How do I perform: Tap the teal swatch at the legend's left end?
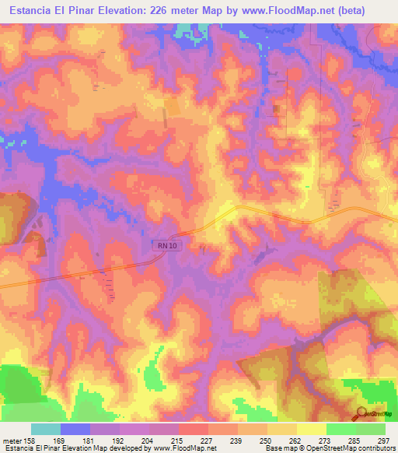[x=46, y=429]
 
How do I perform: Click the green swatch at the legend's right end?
[x=371, y=429]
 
